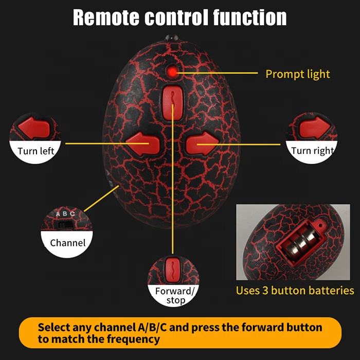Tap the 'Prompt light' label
tap(297, 74)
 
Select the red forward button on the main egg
tap(171, 98)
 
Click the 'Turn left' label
tap(35, 151)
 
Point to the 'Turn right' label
tap(312, 151)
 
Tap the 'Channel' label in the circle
tap(68, 242)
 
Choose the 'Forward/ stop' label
tap(175, 295)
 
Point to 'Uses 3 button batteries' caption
tap(295, 290)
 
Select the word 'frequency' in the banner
tap(135, 339)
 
